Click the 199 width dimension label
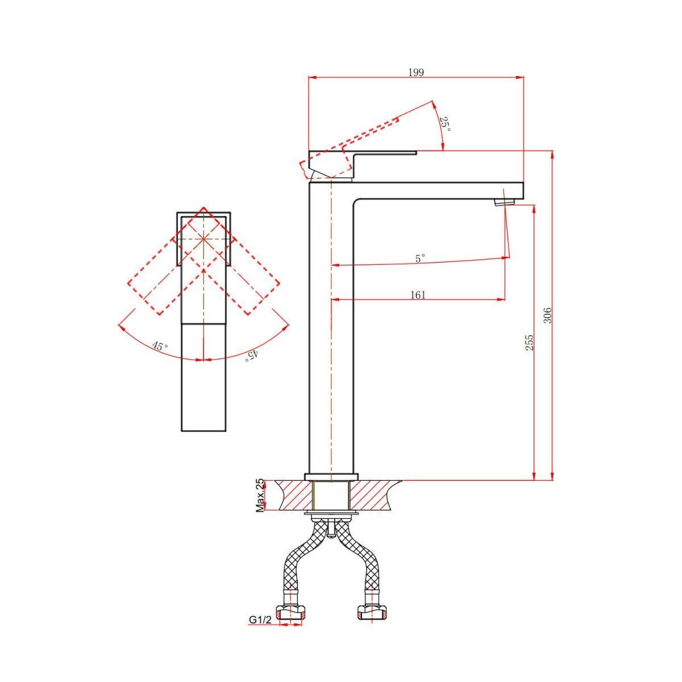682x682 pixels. pyautogui.click(x=416, y=73)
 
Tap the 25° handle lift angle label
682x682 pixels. pyautogui.click(x=446, y=124)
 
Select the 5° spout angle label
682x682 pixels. pyautogui.click(x=421, y=258)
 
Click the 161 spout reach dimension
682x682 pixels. pyautogui.click(x=418, y=294)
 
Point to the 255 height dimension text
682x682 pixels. pyautogui.click(x=529, y=343)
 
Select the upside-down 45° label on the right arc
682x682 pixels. pyautogui.click(x=252, y=355)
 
